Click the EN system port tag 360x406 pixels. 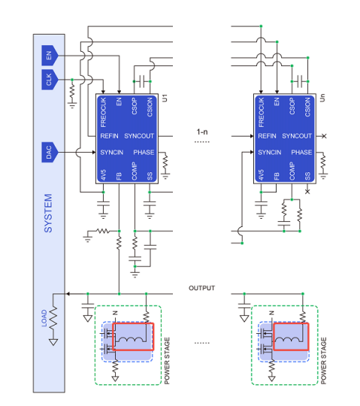tap(50, 56)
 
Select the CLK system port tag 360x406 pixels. tap(50, 80)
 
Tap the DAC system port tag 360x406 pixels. tap(50, 152)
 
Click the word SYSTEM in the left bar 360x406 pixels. tap(48, 213)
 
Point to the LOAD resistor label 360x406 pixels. tap(44, 318)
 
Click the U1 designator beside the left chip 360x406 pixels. tap(165, 98)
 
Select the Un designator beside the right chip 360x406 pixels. tap(322, 98)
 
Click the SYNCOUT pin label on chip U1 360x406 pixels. tap(139, 136)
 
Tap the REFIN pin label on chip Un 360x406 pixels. tap(267, 136)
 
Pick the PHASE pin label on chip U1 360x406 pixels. tap(144, 152)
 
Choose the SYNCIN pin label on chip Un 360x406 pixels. tap(269, 152)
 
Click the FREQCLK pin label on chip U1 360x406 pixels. tap(103, 112)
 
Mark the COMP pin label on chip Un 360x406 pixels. tap(292, 171)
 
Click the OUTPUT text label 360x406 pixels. tap(202, 288)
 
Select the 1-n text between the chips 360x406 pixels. tap(202, 132)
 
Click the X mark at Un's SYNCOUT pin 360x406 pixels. tap(324, 136)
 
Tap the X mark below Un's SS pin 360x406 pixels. tap(307, 192)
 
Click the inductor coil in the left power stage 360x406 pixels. tap(130, 339)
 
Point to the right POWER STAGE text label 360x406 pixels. tap(323, 361)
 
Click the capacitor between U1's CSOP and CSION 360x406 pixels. tap(142, 81)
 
